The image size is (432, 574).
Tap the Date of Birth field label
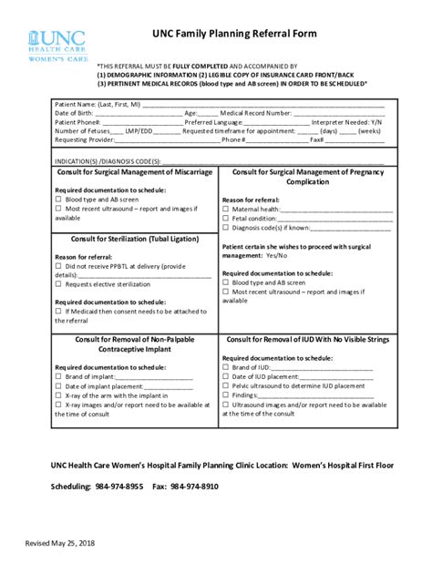(x=74, y=113)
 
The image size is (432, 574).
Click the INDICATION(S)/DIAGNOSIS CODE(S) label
(x=108, y=160)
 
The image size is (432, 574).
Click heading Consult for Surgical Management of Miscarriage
(x=135, y=171)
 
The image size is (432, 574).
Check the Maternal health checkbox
(x=226, y=209)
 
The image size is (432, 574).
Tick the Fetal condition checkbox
(x=226, y=219)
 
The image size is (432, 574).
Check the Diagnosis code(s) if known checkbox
(x=226, y=228)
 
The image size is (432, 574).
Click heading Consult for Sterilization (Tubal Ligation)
(x=135, y=238)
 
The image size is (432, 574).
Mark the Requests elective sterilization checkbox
(x=59, y=284)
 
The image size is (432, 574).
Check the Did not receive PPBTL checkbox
(x=59, y=266)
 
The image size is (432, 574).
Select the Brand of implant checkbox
(x=59, y=376)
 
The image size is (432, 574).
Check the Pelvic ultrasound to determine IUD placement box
(x=226, y=385)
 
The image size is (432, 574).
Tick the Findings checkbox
(x=226, y=395)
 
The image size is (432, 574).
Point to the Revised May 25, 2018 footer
(x=59, y=544)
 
